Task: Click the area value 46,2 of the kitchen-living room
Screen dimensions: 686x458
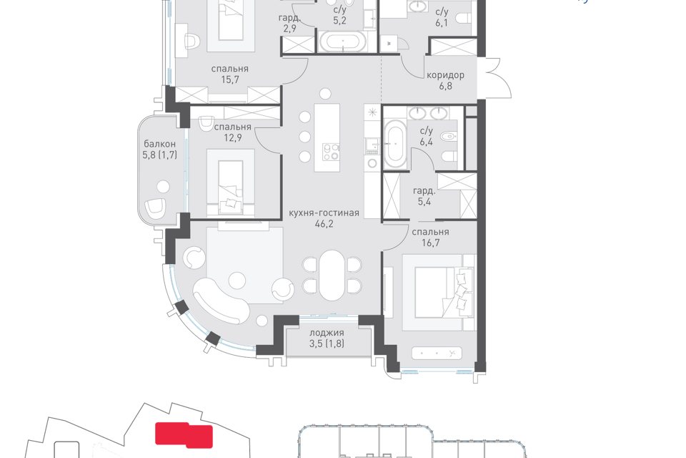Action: (x=324, y=224)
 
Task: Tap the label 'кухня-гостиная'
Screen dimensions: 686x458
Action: (x=324, y=213)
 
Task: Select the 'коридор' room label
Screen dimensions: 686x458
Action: (x=445, y=75)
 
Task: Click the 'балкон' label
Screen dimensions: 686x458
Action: (x=159, y=144)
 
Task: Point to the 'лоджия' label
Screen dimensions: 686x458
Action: (x=327, y=333)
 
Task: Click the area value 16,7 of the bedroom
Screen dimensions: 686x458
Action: (x=430, y=243)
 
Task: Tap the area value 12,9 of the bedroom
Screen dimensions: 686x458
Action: (x=233, y=137)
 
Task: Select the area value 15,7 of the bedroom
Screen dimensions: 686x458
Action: (x=229, y=79)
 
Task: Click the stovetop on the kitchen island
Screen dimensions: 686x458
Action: (x=331, y=152)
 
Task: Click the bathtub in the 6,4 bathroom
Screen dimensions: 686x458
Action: (x=395, y=143)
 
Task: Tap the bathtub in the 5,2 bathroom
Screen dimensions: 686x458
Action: (x=343, y=42)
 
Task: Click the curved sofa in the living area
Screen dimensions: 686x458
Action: (x=220, y=301)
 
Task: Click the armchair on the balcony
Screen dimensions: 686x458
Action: (x=155, y=208)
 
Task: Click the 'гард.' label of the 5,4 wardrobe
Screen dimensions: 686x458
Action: (x=424, y=191)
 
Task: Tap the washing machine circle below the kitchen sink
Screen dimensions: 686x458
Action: (x=372, y=163)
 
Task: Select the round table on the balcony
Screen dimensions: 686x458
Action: (x=163, y=186)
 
